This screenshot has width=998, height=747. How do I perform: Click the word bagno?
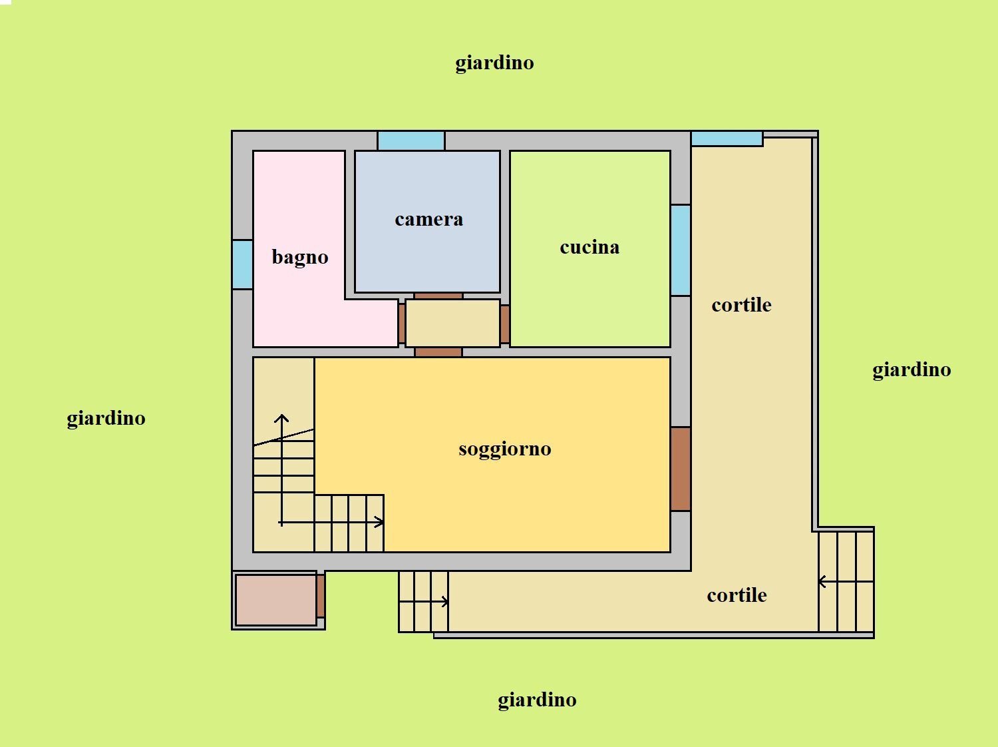[x=300, y=258]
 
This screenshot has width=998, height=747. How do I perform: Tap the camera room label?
[x=428, y=220]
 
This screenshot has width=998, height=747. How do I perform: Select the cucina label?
[x=589, y=248]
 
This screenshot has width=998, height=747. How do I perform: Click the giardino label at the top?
[x=494, y=63]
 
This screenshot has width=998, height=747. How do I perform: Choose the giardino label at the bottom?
[x=537, y=700]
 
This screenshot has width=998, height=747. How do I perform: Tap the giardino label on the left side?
[x=106, y=419]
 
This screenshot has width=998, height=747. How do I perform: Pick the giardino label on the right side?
[x=912, y=370]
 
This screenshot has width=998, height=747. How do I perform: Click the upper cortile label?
[x=741, y=306]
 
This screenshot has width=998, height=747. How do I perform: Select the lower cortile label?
[x=737, y=595]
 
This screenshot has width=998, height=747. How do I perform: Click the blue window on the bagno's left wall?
[x=243, y=264]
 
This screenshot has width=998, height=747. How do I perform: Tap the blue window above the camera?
[x=411, y=140]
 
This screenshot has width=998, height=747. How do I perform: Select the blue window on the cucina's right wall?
[x=681, y=250]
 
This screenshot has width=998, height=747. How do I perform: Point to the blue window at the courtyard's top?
[x=727, y=138]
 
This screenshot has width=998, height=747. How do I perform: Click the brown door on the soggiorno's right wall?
[x=681, y=469]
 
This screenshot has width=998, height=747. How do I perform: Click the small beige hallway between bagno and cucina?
[x=452, y=323]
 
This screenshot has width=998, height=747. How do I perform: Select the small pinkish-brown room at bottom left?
[x=276, y=600]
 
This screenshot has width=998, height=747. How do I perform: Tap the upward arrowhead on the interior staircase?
[x=281, y=419]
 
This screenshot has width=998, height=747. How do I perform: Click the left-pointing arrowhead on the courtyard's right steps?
[x=822, y=581]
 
